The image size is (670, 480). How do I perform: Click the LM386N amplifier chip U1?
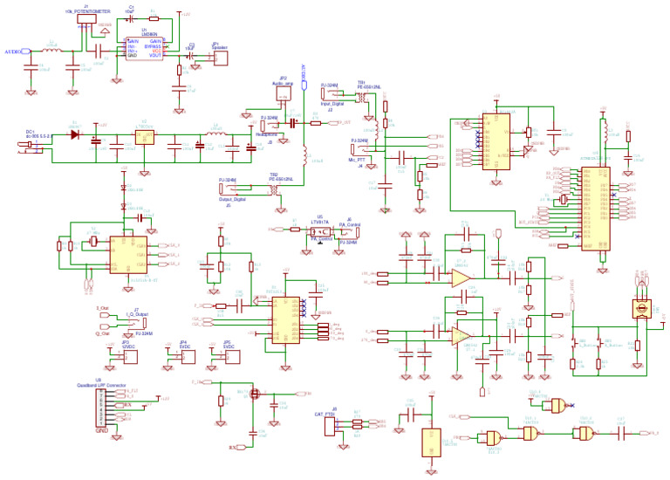click(x=144, y=48)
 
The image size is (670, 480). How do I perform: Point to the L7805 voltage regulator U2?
click(x=144, y=136)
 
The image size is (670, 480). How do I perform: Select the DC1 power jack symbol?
click(x=33, y=144)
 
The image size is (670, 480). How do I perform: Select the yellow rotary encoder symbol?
click(x=641, y=308)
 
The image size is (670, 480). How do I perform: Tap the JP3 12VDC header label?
click(x=128, y=345)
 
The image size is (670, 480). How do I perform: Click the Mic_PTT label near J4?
click(x=358, y=160)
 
